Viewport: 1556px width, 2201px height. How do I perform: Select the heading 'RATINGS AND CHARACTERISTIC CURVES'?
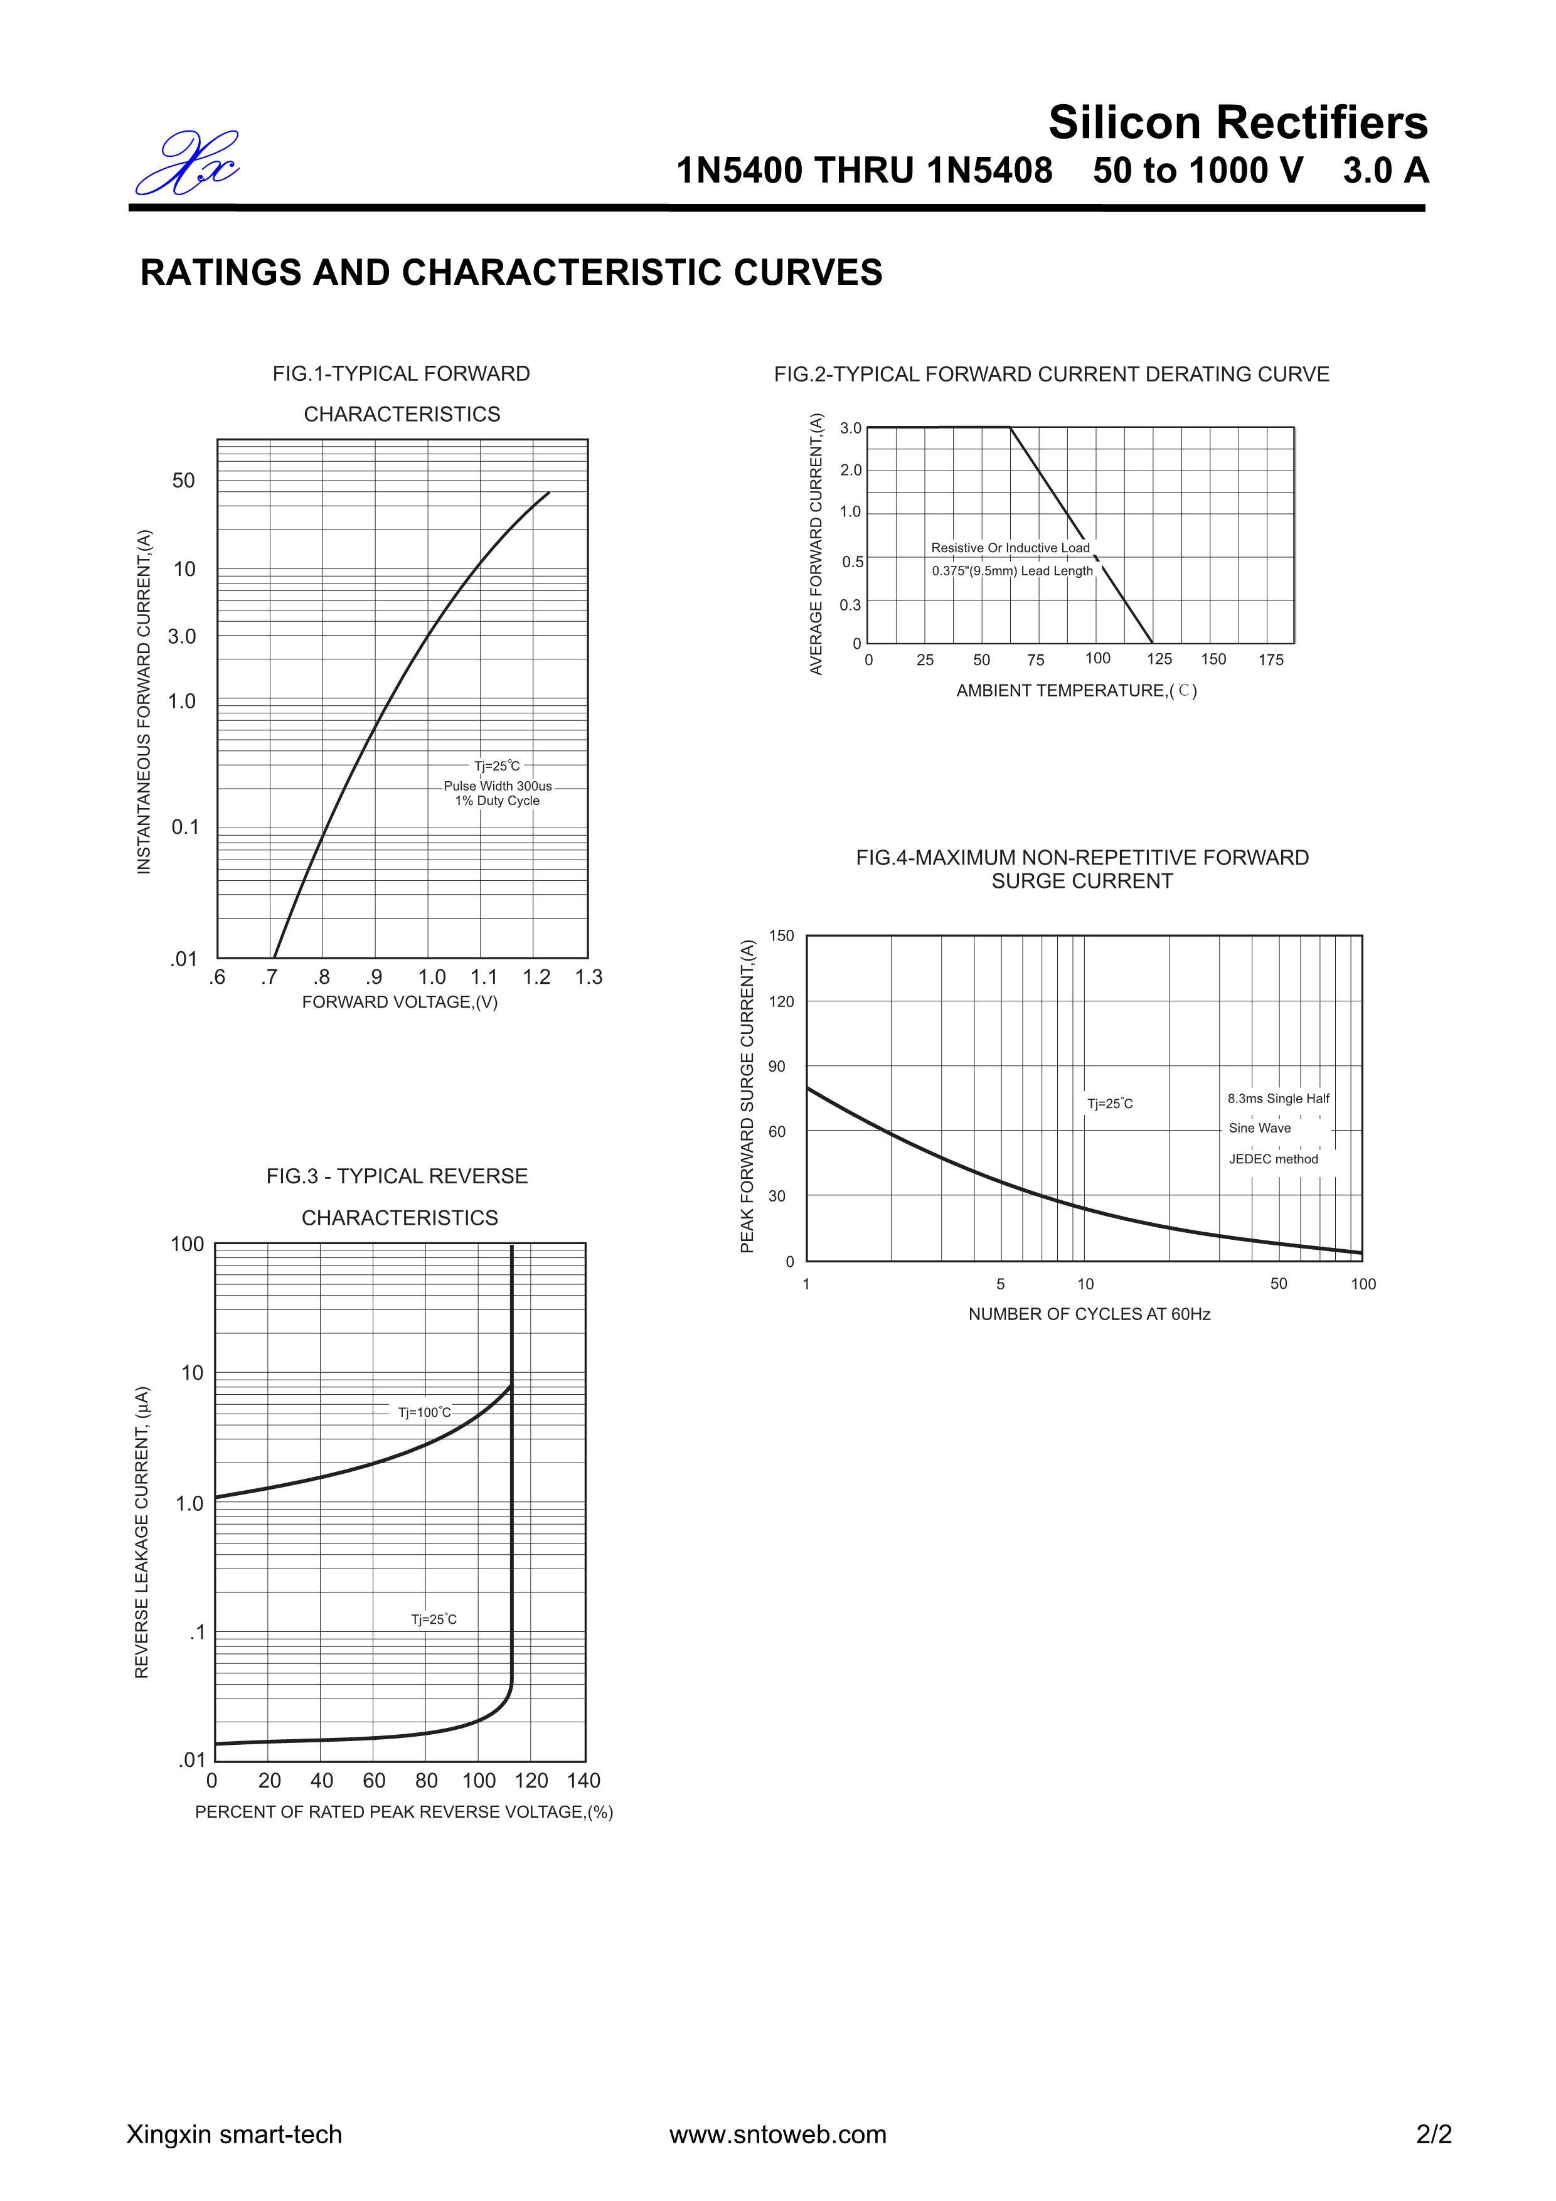click(x=511, y=273)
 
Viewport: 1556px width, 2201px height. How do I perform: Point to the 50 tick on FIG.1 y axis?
click(x=183, y=480)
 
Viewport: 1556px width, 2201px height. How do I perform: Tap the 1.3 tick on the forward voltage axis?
click(x=589, y=977)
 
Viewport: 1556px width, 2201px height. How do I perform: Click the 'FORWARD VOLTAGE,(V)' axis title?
click(x=400, y=1002)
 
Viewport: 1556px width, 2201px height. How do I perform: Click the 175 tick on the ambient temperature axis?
click(x=1271, y=659)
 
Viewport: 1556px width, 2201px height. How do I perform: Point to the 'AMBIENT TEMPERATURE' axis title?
click(x=1075, y=690)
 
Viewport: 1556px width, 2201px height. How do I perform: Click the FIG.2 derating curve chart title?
click(x=1052, y=375)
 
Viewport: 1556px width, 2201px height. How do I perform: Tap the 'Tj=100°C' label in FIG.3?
click(x=424, y=1412)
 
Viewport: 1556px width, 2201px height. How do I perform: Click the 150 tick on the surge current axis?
click(x=781, y=935)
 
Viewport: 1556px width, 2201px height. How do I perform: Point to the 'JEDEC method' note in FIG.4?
click(x=1273, y=1159)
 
